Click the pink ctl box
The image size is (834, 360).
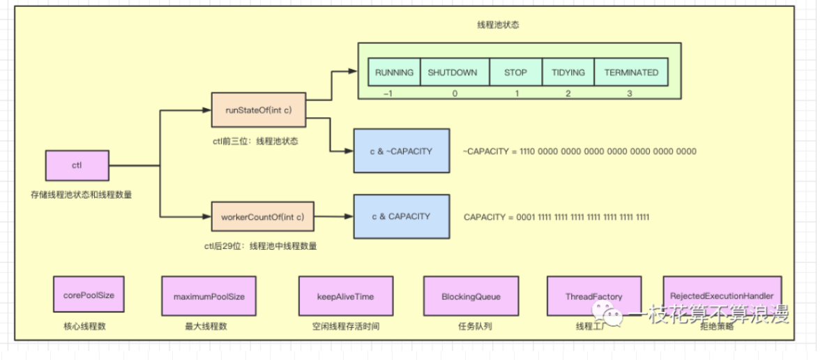coord(77,166)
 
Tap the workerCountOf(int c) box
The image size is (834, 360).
coord(262,216)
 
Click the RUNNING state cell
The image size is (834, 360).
coord(394,73)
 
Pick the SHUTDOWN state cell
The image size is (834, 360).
coord(453,73)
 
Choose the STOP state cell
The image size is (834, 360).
coord(515,73)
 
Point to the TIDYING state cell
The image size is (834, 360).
coord(568,73)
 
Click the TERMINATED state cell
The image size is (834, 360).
coord(631,73)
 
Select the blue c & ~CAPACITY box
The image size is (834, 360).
coord(402,151)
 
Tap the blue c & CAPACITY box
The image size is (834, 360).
coord(402,216)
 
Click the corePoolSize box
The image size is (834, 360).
coord(84,296)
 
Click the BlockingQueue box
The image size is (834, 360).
coord(462,297)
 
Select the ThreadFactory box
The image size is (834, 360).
coord(584,297)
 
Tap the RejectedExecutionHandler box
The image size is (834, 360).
coord(722,297)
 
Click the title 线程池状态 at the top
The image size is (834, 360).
coord(493,24)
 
